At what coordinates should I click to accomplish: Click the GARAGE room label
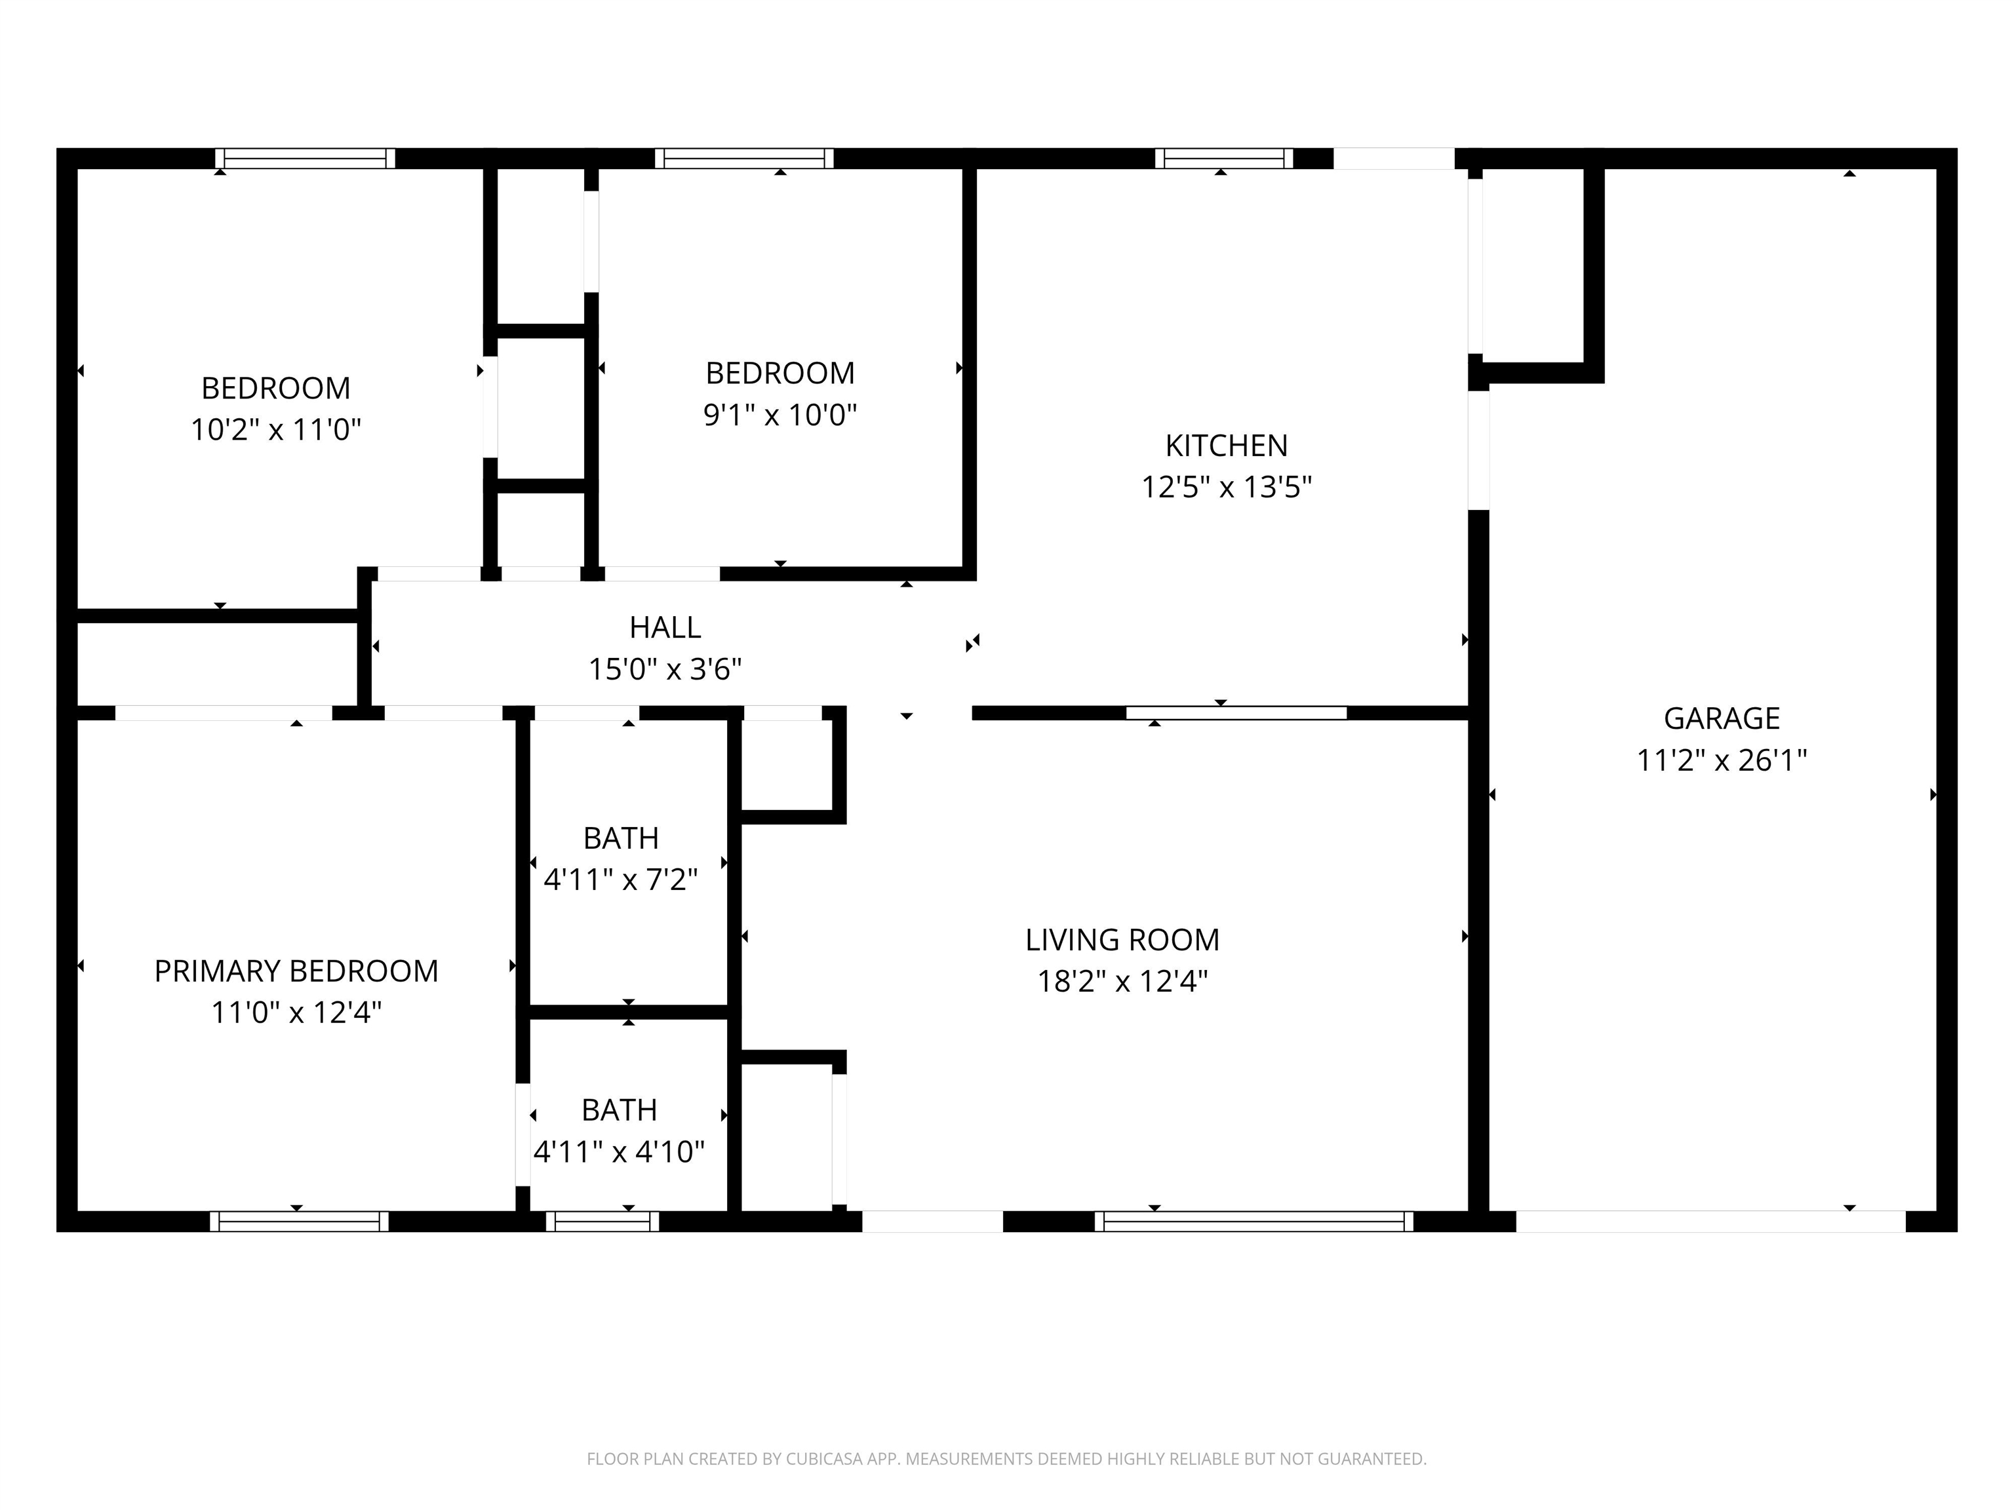pyautogui.click(x=1721, y=718)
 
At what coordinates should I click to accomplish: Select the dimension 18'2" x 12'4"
pyautogui.click(x=1122, y=981)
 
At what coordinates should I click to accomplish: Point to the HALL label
pyautogui.click(x=665, y=627)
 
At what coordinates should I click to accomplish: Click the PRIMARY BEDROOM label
pyautogui.click(x=296, y=971)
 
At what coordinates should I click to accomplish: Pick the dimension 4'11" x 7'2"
pyautogui.click(x=620, y=880)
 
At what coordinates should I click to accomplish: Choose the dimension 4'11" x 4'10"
pyautogui.click(x=619, y=1152)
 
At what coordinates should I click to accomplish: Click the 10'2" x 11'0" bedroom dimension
pyautogui.click(x=276, y=430)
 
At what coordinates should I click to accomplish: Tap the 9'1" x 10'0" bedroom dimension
pyautogui.click(x=780, y=415)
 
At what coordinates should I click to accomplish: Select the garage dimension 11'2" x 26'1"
pyautogui.click(x=1721, y=760)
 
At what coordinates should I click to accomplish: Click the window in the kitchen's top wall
pyautogui.click(x=1224, y=159)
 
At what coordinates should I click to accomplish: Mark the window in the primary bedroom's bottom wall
pyautogui.click(x=299, y=1222)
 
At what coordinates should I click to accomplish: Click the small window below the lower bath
pyautogui.click(x=602, y=1222)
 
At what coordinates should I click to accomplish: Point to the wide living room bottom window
pyautogui.click(x=1254, y=1222)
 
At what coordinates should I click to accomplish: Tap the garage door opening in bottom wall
pyautogui.click(x=1710, y=1222)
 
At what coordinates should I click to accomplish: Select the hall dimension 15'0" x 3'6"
pyautogui.click(x=665, y=670)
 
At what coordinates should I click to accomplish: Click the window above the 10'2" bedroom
pyautogui.click(x=305, y=159)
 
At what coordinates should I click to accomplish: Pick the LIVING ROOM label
pyautogui.click(x=1122, y=939)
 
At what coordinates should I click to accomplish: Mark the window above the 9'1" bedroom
pyautogui.click(x=744, y=159)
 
